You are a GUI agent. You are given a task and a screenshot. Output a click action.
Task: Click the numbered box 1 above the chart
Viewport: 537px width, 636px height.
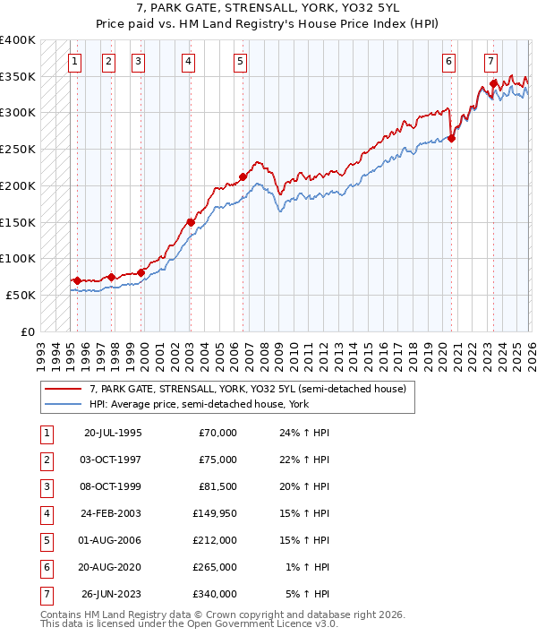click(x=73, y=62)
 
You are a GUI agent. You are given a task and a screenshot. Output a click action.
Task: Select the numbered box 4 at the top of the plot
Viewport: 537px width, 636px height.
click(x=189, y=62)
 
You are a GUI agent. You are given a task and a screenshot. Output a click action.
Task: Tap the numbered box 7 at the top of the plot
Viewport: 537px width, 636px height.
click(x=491, y=62)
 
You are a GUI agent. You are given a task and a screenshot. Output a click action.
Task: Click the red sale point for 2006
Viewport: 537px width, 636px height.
click(x=243, y=176)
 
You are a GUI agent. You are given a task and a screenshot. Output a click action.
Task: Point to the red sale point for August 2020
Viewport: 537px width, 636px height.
click(x=452, y=138)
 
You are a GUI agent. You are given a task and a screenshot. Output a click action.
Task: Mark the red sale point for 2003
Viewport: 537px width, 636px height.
click(x=191, y=222)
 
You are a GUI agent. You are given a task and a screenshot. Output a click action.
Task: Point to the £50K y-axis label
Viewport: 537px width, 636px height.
click(x=21, y=295)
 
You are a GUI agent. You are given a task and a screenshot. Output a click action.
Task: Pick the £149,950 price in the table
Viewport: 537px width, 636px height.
click(x=215, y=513)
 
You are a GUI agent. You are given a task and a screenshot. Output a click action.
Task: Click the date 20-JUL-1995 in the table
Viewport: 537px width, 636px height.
click(x=113, y=433)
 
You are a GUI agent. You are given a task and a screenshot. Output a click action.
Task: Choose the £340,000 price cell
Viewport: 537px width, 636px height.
click(x=215, y=594)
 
